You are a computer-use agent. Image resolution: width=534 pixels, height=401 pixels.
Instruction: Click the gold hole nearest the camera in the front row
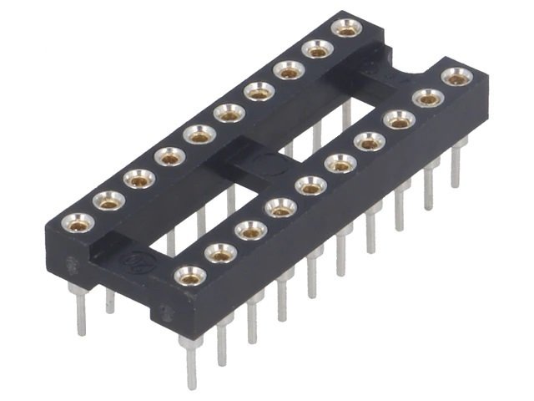(x=189, y=274)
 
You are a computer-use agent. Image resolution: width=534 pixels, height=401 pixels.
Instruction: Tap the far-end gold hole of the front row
(x=456, y=78)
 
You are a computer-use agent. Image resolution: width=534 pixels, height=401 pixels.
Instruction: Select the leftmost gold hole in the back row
(x=79, y=221)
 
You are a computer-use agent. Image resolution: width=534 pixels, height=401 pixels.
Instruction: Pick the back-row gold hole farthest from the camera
(x=346, y=27)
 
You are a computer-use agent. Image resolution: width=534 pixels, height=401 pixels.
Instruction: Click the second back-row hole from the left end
(x=109, y=200)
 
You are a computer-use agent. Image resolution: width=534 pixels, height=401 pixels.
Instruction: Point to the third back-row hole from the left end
(x=139, y=178)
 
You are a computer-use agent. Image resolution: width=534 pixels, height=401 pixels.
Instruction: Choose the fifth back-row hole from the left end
(x=199, y=134)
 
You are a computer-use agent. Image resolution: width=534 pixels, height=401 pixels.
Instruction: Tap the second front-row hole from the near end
(x=220, y=251)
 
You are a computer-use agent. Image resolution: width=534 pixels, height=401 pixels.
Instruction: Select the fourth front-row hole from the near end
(x=280, y=207)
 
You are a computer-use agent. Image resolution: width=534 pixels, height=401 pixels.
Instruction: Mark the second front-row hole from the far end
(x=427, y=99)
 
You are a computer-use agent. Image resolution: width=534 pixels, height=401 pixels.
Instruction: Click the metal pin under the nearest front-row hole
(x=190, y=361)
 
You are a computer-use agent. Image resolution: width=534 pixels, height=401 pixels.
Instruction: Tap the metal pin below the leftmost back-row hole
(x=80, y=309)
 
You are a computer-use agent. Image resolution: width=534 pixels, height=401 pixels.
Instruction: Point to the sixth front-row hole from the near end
(x=340, y=163)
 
